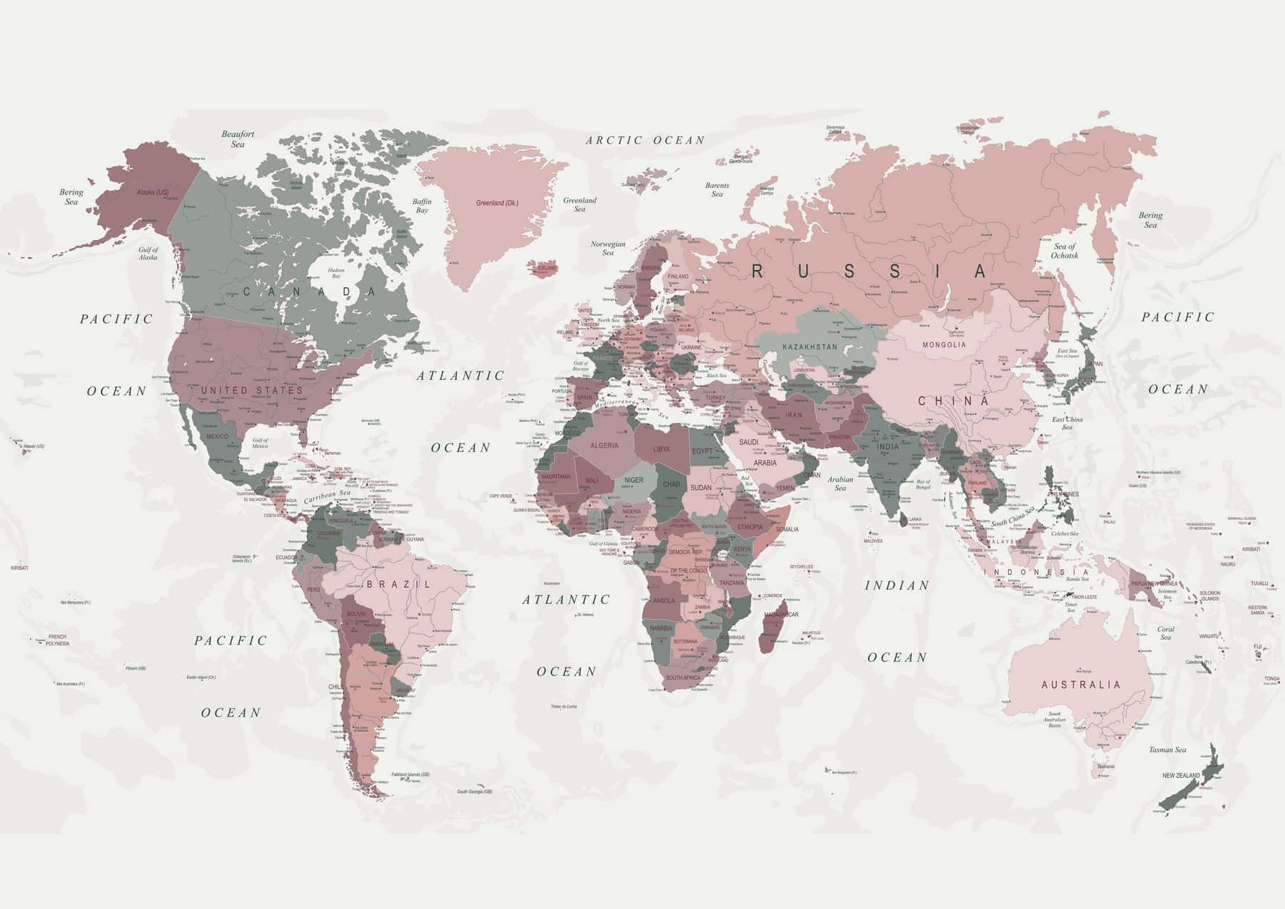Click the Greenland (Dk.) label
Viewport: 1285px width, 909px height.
[497, 203]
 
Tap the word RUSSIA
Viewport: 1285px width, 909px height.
[870, 271]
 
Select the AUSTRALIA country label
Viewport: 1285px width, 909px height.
[1081, 685]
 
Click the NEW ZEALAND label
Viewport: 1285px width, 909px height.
[1181, 775]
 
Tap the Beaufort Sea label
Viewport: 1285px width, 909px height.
[238, 139]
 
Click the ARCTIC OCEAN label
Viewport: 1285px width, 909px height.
[645, 141]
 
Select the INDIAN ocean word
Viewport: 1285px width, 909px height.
[897, 586]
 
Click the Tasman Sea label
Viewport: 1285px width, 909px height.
[1167, 750]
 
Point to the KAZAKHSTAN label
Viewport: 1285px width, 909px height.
[810, 347]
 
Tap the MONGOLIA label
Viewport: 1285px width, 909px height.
[944, 345]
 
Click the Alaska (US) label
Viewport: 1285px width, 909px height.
[153, 193]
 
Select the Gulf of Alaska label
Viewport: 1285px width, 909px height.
[148, 253]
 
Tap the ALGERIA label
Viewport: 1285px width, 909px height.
[604, 446]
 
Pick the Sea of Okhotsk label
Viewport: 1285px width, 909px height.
[1064, 251]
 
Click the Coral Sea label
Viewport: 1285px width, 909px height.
[1165, 633]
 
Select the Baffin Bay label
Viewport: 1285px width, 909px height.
[422, 206]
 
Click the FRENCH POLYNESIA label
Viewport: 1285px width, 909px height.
[57, 640]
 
